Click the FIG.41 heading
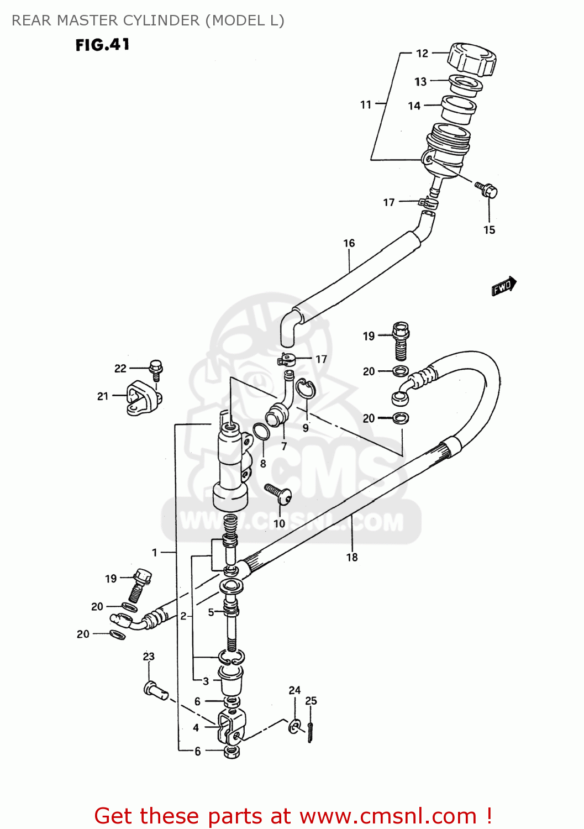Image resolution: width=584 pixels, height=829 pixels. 103,45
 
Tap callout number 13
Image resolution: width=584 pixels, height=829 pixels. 420,82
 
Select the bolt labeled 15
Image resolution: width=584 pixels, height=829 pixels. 487,190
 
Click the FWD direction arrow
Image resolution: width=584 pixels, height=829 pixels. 504,286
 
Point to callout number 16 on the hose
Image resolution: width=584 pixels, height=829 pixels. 349,243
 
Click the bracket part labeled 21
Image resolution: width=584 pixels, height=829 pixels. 143,398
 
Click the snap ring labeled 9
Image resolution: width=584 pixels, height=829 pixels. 305,388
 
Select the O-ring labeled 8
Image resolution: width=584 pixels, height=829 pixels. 261,432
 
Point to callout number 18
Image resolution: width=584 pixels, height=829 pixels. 352,557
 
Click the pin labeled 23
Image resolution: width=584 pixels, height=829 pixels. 155,690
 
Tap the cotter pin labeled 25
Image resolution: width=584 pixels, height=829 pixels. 311,732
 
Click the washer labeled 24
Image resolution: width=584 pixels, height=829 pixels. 295,726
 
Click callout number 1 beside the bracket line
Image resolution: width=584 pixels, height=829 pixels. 155,552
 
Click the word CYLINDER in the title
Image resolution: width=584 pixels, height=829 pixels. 161,20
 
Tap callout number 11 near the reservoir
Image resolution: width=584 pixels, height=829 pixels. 366,104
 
